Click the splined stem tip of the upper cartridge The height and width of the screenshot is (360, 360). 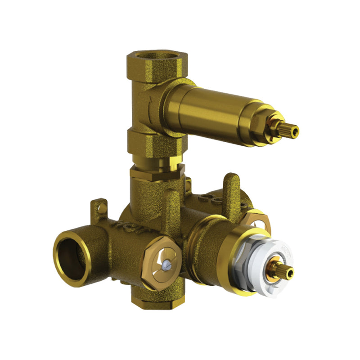290,130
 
